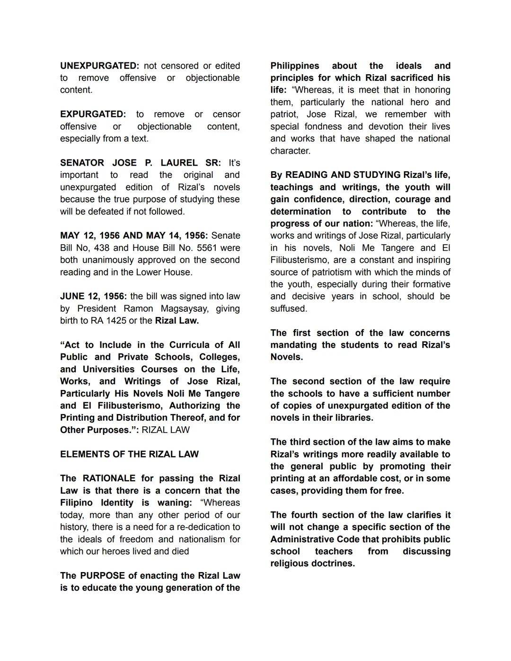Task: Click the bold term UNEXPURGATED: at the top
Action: click(99, 66)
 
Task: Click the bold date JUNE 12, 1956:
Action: click(93, 296)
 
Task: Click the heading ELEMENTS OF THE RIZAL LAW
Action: click(129, 454)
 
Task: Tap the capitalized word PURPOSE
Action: click(103, 576)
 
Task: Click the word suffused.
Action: click(289, 308)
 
